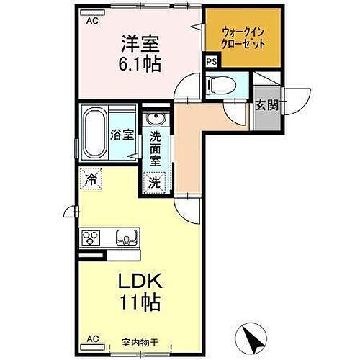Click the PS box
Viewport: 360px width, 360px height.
210,63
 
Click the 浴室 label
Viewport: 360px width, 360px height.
121,134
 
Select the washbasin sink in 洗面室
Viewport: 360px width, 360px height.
153,120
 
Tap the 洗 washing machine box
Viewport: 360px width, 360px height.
154,183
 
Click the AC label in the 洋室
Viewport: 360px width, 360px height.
92,22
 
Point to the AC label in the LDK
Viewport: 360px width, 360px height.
92,337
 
